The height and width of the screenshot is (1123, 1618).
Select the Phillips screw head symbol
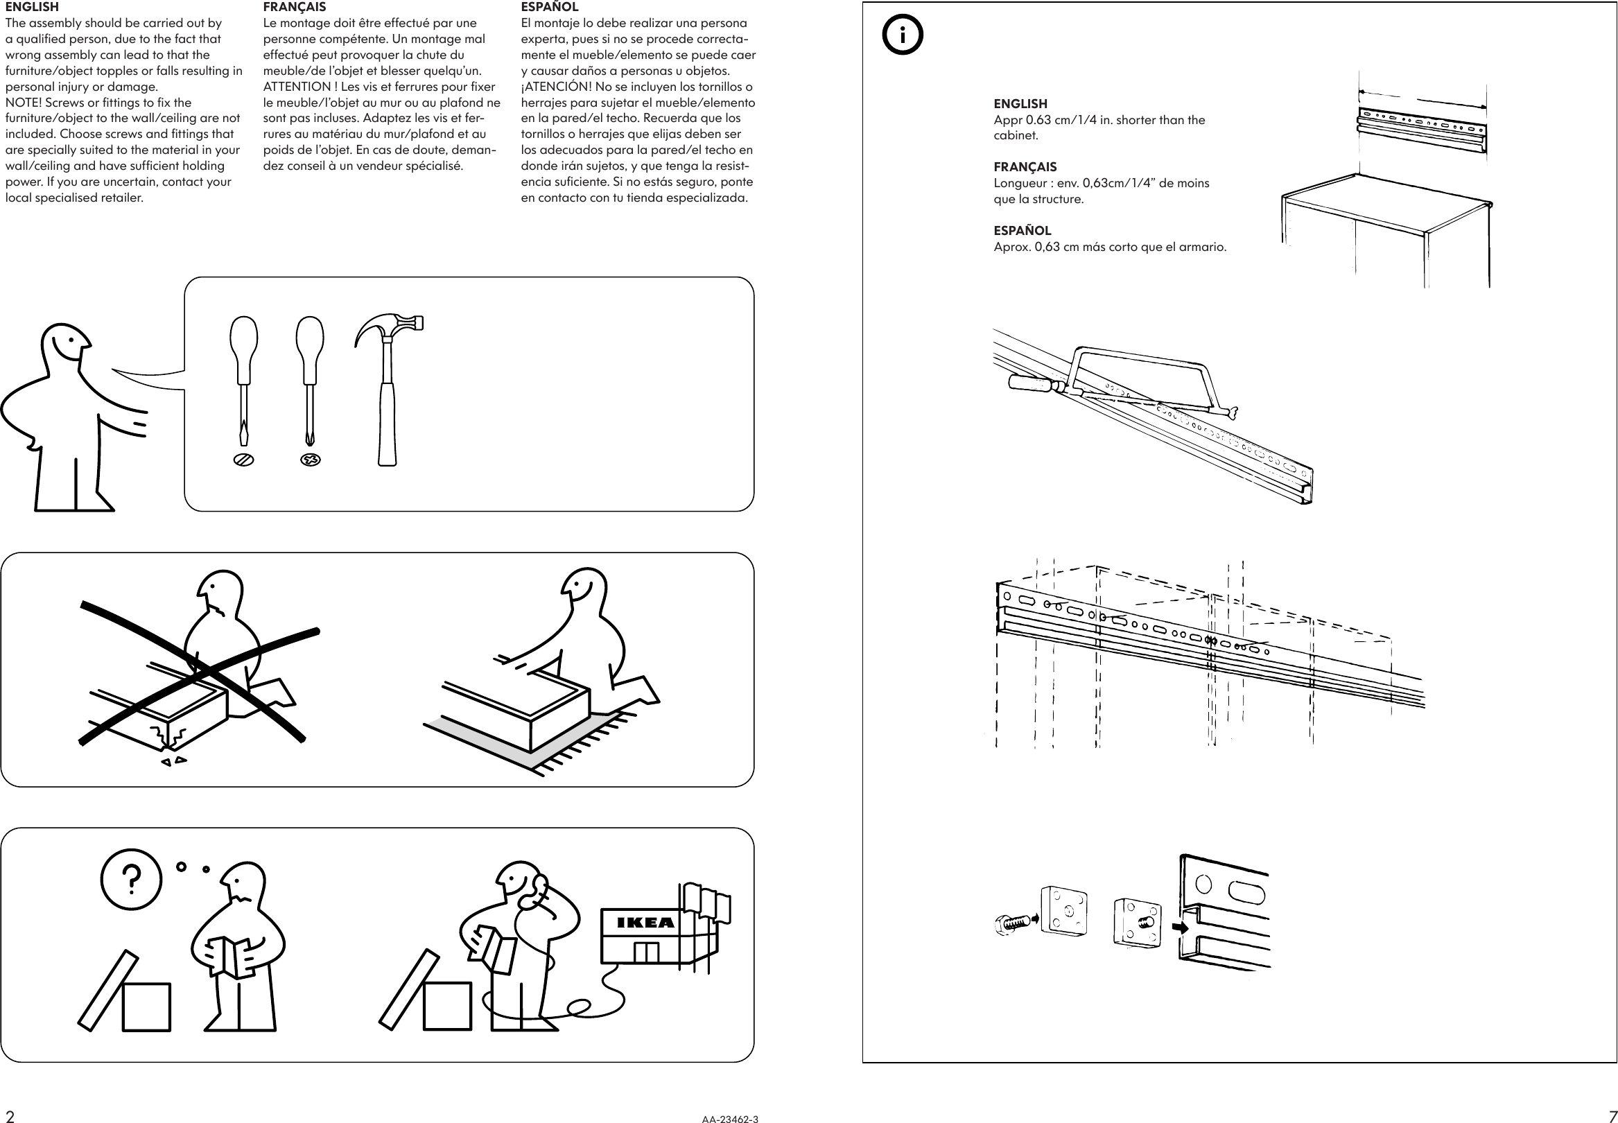click(x=311, y=460)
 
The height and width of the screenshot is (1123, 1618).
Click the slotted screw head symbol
click(x=243, y=460)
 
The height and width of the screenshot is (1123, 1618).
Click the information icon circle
click(x=903, y=35)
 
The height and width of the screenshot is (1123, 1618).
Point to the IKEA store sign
click(x=645, y=923)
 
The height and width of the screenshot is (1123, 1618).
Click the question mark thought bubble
click(x=131, y=879)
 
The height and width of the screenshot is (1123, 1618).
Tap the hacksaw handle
click(x=1030, y=383)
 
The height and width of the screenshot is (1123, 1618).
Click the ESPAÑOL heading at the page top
click(x=550, y=7)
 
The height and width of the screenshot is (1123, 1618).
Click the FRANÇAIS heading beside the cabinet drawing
click(x=1025, y=167)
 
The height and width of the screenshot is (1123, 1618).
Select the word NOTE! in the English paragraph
click(x=23, y=103)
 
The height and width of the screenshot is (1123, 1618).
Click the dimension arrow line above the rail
click(x=1421, y=99)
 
